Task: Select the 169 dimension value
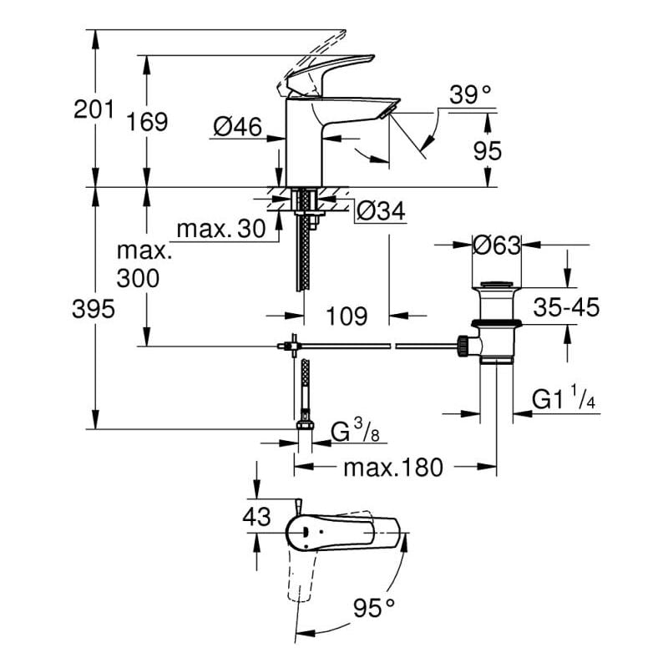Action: coord(148,122)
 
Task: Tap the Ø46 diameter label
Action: coord(237,127)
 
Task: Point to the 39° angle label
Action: coord(469,95)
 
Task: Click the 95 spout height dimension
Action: coord(487,150)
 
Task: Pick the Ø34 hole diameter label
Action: coord(380,212)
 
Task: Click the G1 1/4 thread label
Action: coord(565,400)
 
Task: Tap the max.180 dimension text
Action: coord(392,468)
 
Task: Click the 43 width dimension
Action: coord(256,517)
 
